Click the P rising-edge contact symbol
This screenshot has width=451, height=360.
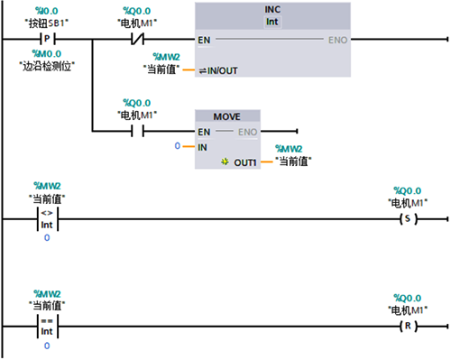[49, 40]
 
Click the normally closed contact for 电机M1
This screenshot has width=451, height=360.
[138, 40]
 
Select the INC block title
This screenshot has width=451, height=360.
[272, 9]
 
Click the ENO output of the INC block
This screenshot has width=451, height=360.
[337, 40]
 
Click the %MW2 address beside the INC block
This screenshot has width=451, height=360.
[167, 57]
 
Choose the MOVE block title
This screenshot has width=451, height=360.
[227, 117]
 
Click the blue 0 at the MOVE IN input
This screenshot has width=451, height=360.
[179, 146]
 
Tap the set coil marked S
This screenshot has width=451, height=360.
[410, 219]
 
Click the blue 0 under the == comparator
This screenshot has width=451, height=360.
[47, 346]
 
